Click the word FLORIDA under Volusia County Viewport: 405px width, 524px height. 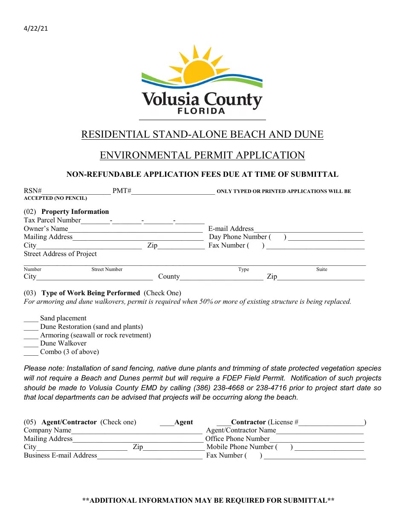[x=201, y=111]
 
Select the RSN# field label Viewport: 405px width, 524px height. [x=32, y=191]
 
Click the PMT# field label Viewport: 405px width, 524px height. [x=121, y=191]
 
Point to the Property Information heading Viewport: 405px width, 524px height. [x=75, y=212]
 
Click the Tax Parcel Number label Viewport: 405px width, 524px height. [x=52, y=220]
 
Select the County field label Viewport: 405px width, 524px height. [x=169, y=276]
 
